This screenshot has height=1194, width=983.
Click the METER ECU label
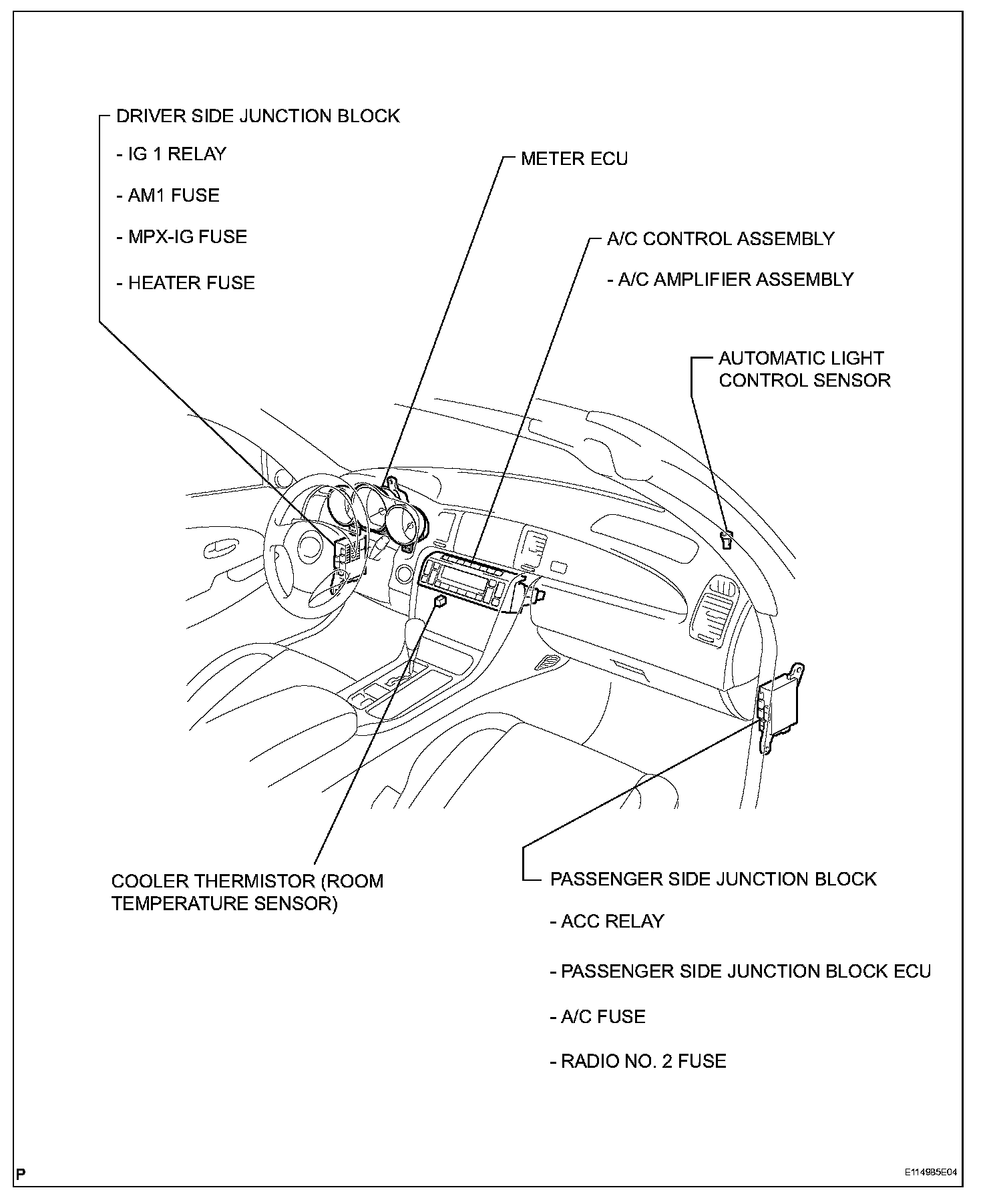574,159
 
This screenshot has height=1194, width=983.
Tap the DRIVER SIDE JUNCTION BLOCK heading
257,116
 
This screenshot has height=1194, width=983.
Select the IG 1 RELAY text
172,154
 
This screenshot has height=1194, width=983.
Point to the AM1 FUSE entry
168,196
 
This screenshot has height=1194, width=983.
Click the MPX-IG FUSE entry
182,237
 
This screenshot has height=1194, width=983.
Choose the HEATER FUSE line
186,283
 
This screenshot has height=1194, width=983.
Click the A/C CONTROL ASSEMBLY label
720,239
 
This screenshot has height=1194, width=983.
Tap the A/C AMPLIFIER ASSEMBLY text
730,279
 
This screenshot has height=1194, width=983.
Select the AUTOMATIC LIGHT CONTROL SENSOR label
804,369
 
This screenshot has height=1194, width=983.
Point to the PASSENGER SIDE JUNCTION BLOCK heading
713,879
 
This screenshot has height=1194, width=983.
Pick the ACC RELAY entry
607,922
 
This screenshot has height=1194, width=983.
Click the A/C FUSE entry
598,1017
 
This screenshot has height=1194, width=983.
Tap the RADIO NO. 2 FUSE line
638,1062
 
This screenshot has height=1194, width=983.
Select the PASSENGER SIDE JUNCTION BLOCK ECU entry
740,971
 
